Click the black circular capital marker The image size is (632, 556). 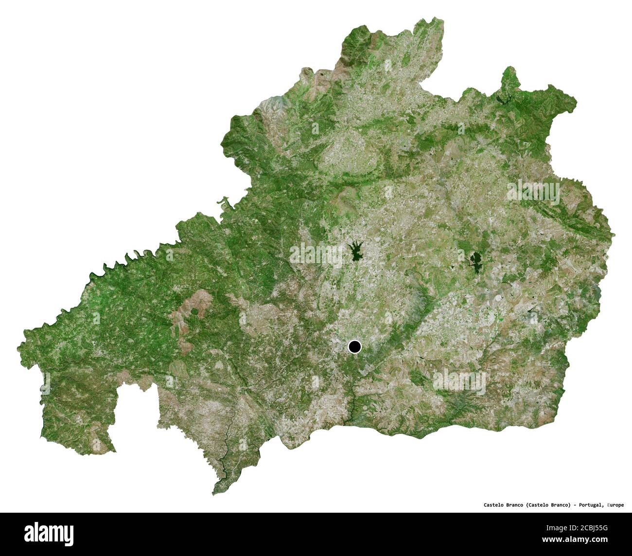(x=355, y=347)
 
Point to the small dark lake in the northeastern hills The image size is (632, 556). (x=502, y=99)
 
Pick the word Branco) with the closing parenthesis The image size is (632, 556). (x=561, y=505)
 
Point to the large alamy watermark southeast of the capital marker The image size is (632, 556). (x=459, y=380)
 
